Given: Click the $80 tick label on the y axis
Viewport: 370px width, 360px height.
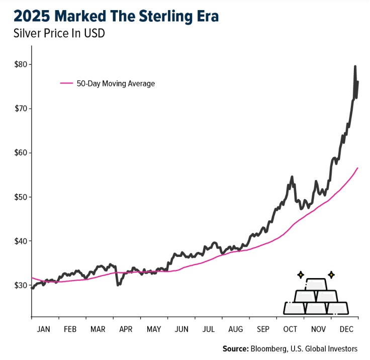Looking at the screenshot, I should [21, 64].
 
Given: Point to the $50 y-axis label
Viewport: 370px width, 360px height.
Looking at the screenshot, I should [21, 197].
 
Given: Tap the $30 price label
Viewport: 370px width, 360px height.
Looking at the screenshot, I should [21, 285].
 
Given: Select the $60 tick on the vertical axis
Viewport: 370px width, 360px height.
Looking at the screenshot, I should [21, 153].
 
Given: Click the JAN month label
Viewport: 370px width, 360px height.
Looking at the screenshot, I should [44, 329].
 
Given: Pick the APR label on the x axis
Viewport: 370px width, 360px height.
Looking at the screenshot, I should [126, 329].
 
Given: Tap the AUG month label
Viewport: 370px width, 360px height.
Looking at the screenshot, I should [235, 329].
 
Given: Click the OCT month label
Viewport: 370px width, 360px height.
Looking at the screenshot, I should [291, 329].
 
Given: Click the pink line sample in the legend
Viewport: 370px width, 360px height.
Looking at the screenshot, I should [66, 83].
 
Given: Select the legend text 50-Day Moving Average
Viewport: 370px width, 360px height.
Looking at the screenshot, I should [116, 83].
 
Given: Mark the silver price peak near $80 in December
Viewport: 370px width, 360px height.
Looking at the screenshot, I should [355, 66].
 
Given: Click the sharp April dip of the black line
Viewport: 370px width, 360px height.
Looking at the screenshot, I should [118, 285].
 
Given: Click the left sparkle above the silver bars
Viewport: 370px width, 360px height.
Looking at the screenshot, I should [301, 275].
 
